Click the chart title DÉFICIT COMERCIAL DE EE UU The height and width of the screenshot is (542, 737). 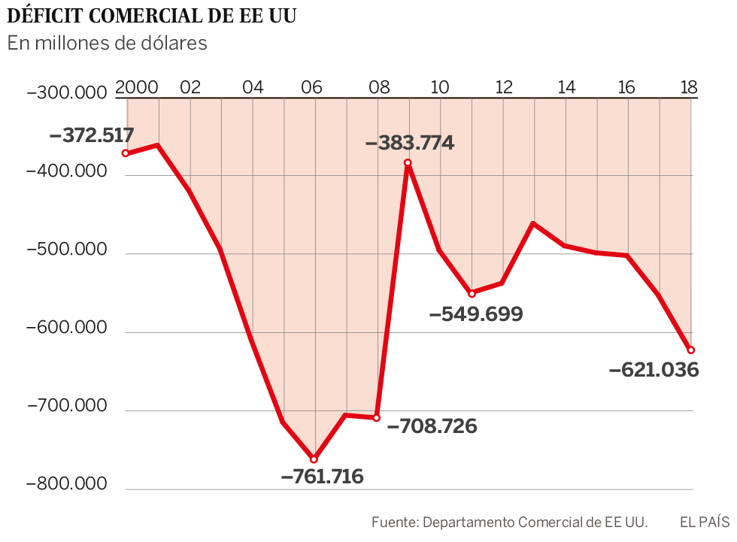tap(151, 16)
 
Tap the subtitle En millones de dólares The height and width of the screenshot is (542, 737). tap(107, 44)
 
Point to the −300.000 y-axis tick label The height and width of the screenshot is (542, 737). tap(66, 94)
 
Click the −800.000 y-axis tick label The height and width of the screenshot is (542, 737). tap(66, 485)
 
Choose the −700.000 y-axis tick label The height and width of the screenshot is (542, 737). tap(66, 407)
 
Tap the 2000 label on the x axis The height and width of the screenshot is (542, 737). tap(136, 87)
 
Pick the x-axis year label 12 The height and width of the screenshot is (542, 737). tap(503, 87)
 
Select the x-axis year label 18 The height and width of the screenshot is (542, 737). tap(689, 87)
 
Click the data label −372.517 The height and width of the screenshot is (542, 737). tap(92, 136)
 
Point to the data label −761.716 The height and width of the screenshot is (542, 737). tap(322, 477)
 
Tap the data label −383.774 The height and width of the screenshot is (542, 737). tap(410, 143)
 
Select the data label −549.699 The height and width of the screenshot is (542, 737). tap(476, 314)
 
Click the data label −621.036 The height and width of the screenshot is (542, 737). tap(654, 370)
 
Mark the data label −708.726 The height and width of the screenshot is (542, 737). tap(432, 427)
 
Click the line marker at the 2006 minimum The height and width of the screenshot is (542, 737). tap(314, 459)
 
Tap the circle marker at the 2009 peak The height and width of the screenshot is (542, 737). tap(408, 162)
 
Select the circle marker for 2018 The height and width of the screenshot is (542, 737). tap(690, 350)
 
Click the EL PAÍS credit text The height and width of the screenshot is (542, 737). tap(705, 522)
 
